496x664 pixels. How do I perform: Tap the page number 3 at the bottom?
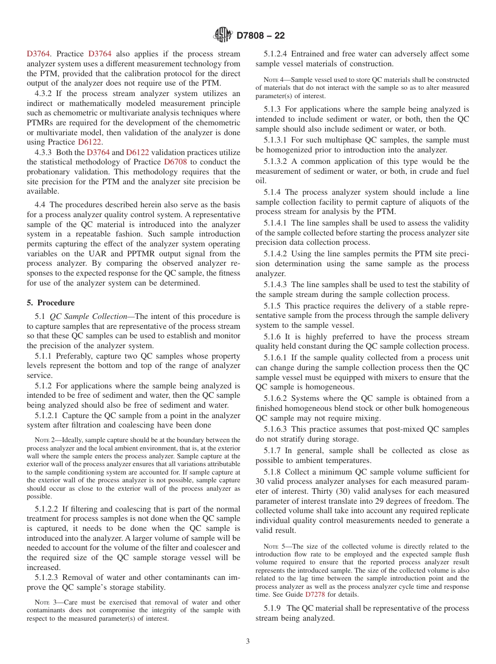(x=248, y=641)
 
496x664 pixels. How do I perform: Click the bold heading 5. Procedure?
(x=50, y=303)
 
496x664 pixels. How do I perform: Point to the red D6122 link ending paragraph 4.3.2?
(x=90, y=142)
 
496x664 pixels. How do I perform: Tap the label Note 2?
(x=45, y=440)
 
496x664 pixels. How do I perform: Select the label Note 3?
(x=45, y=602)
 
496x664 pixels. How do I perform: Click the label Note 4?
(x=274, y=80)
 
